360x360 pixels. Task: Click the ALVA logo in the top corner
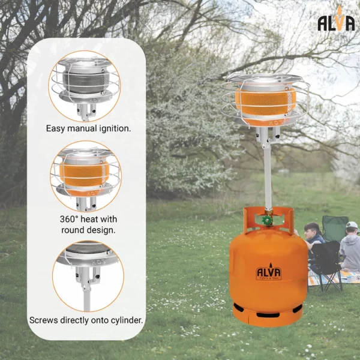point(336,23)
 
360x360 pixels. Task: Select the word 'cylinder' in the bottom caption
point(125,320)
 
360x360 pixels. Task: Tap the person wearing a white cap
point(350,246)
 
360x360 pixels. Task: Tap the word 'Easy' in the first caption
point(58,128)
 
